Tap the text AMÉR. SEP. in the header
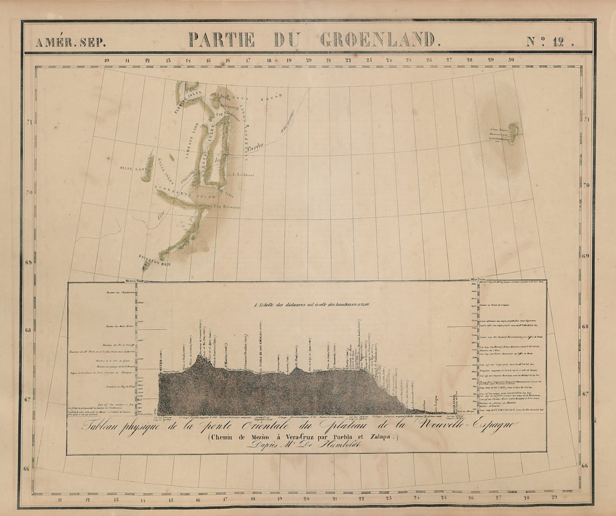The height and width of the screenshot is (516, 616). pyautogui.click(x=70, y=42)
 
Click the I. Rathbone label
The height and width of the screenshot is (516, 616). pyautogui.click(x=242, y=175)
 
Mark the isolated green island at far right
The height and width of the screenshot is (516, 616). pyautogui.click(x=512, y=132)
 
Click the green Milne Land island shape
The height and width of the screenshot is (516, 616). pyautogui.click(x=148, y=166)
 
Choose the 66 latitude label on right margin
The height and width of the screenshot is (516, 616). pyautogui.click(x=585, y=466)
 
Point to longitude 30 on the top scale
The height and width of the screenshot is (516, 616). pyautogui.click(x=511, y=60)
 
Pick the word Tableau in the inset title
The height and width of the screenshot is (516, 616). pyautogui.click(x=104, y=426)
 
